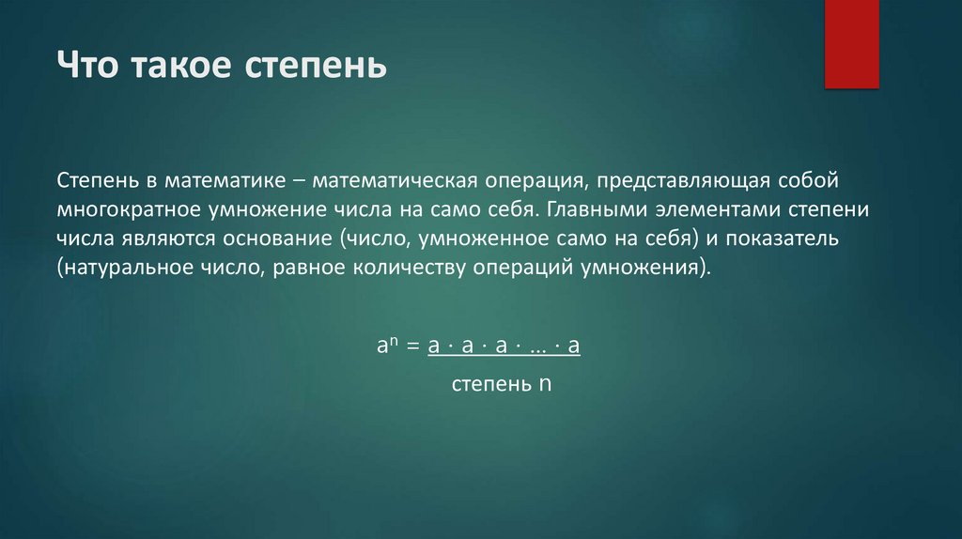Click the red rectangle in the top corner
851,43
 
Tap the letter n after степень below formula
543,384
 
